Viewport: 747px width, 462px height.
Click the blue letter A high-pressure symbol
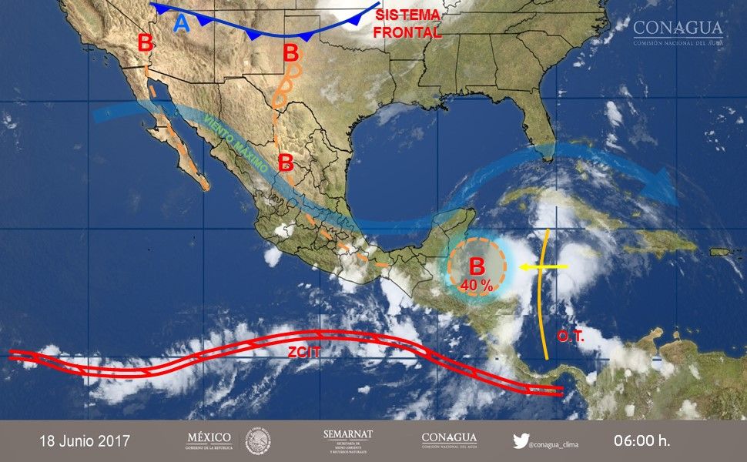pyautogui.click(x=181, y=24)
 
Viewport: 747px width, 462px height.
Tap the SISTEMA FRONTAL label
pyautogui.click(x=407, y=24)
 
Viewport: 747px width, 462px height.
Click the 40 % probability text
pyautogui.click(x=477, y=285)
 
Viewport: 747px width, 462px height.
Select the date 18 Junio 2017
pyautogui.click(x=85, y=441)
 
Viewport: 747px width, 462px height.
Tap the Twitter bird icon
pyautogui.click(x=521, y=441)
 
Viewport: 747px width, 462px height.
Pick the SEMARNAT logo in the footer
pyautogui.click(x=348, y=440)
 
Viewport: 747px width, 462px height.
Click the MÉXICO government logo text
pyautogui.click(x=209, y=440)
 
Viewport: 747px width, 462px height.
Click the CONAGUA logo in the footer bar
pyautogui.click(x=449, y=440)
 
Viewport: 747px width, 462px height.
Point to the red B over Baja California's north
pyautogui.click(x=145, y=43)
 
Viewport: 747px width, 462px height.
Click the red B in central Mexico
pyautogui.click(x=286, y=162)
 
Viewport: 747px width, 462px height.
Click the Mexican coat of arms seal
pyautogui.click(x=258, y=441)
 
